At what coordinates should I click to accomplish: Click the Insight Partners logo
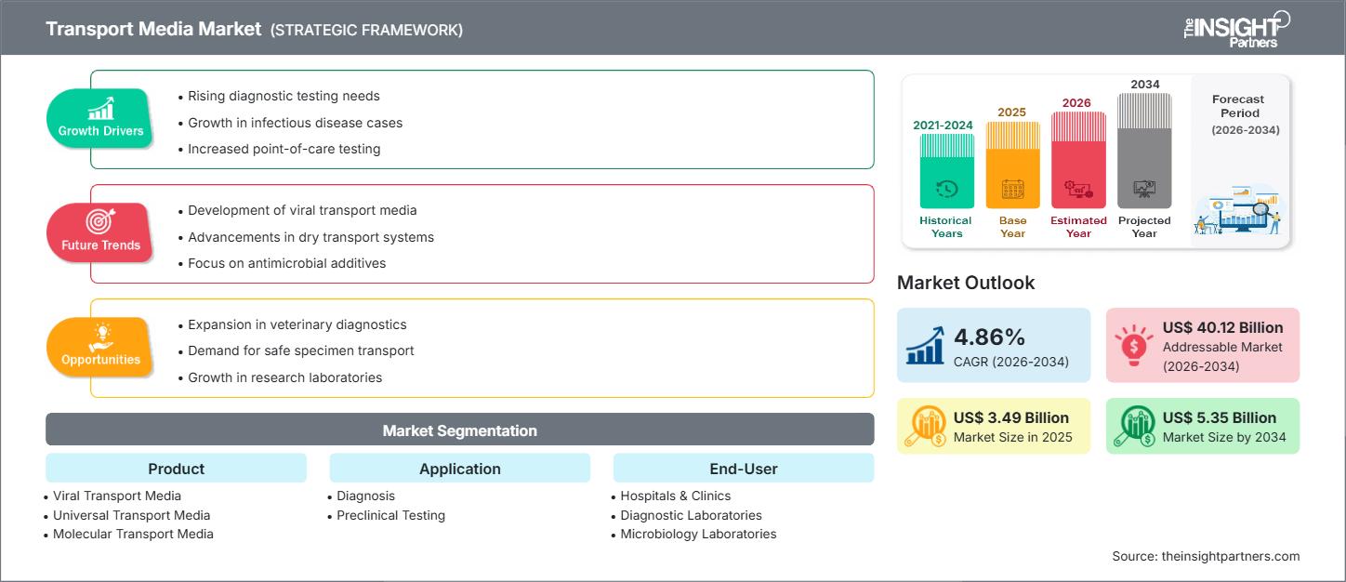coord(1235,28)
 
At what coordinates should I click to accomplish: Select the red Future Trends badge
coord(100,233)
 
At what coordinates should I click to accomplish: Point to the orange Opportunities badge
coord(100,348)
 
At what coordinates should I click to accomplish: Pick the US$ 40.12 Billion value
coord(1222,327)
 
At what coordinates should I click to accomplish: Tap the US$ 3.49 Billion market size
coord(1011,417)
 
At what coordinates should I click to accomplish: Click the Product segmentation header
coord(176,469)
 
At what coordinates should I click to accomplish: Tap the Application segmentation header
coord(459,469)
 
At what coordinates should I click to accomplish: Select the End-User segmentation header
coord(743,469)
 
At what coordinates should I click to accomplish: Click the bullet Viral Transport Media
coord(117,496)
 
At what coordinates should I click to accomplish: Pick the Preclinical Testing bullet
coord(390,515)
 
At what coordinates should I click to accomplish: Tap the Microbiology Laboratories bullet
coord(698,534)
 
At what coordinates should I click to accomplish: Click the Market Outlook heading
coord(966,283)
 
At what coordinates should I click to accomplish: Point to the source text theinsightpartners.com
coord(1206,556)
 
